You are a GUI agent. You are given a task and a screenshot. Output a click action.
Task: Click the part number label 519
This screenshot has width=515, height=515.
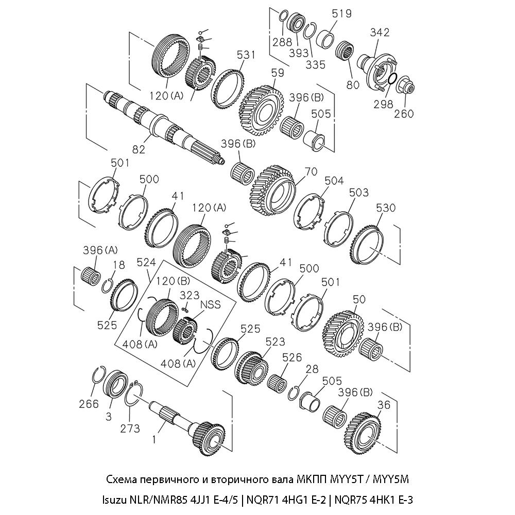341,13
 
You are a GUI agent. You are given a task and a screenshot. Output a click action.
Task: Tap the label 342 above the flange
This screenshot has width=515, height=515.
380,32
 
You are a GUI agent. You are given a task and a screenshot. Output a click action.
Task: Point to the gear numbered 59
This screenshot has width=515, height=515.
263,109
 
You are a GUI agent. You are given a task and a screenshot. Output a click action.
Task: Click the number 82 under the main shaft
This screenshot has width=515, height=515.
138,149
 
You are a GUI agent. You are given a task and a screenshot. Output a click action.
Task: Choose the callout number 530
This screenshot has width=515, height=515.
386,208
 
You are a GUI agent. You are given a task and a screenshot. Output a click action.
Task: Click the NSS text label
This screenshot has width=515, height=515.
211,304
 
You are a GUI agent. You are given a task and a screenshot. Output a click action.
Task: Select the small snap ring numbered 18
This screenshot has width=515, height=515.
108,285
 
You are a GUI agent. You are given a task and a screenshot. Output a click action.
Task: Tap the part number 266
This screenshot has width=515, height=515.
89,404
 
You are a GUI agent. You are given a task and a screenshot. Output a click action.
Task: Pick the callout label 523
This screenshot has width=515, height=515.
275,341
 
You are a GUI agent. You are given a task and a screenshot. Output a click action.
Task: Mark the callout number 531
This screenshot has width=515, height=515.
246,54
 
